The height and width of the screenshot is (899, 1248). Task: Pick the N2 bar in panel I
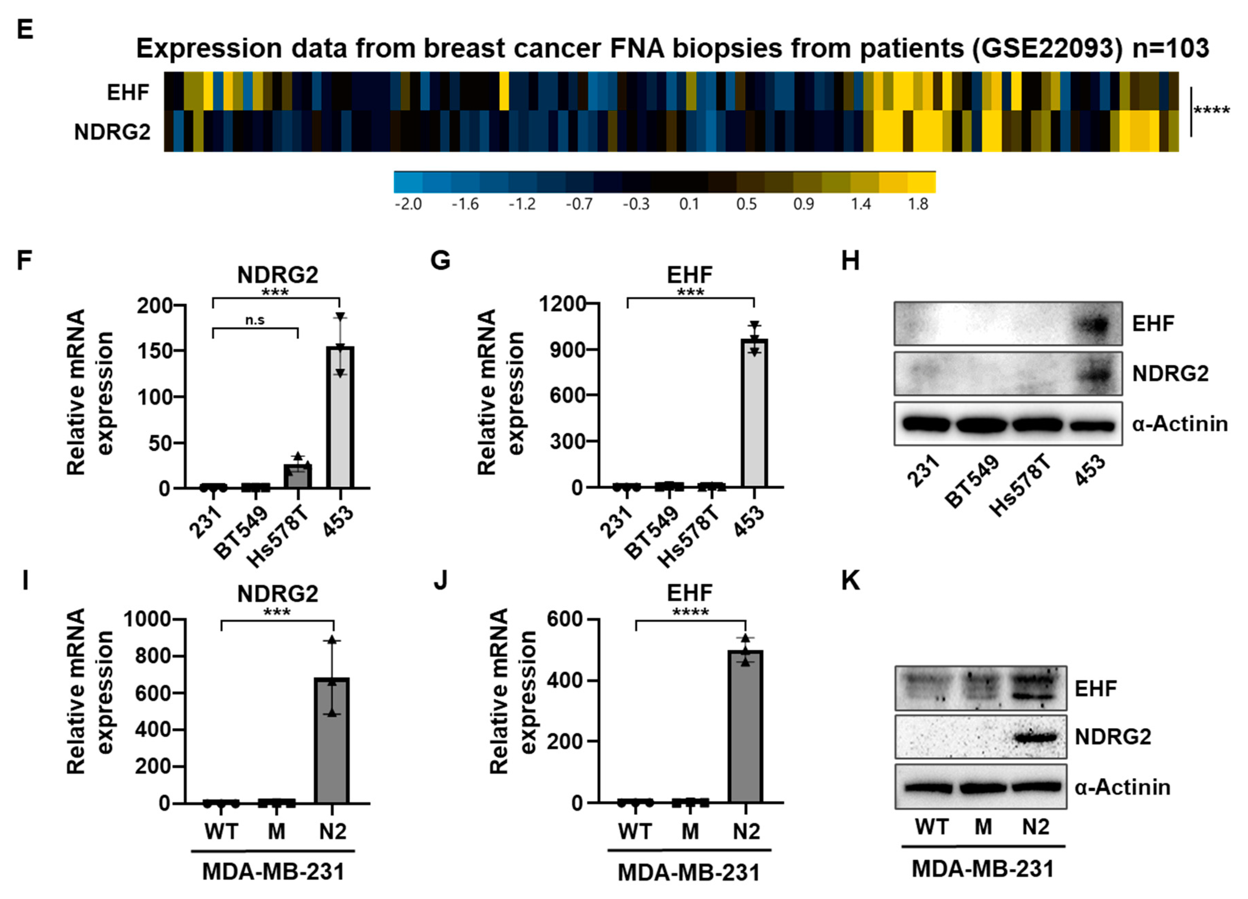(x=332, y=740)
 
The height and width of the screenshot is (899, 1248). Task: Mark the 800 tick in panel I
(x=152, y=656)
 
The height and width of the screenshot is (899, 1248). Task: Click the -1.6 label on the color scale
(x=465, y=205)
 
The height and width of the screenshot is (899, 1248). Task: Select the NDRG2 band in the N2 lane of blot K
(x=1036, y=737)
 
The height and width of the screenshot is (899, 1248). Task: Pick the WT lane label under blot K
(x=932, y=827)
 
